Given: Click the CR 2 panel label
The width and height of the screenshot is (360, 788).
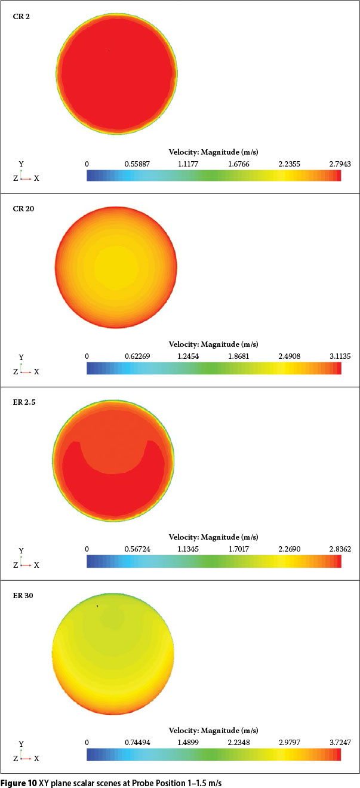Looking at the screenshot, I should coord(21,16).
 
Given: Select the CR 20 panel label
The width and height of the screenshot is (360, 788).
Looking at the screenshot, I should coord(23,209).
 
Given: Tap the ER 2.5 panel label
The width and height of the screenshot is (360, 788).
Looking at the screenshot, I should coord(24,402).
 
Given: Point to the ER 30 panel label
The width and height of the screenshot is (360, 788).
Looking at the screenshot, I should coord(23,596).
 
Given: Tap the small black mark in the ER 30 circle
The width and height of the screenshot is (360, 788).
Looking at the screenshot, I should coord(97,606).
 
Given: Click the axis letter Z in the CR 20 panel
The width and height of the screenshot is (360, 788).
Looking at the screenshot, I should coord(16,371).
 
